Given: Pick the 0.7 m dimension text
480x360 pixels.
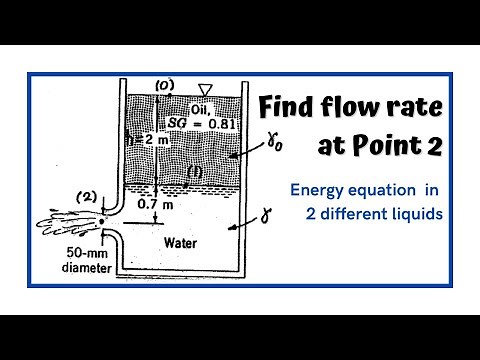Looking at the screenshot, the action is tap(143, 205).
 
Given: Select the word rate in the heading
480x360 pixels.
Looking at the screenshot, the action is tap(421, 107).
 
